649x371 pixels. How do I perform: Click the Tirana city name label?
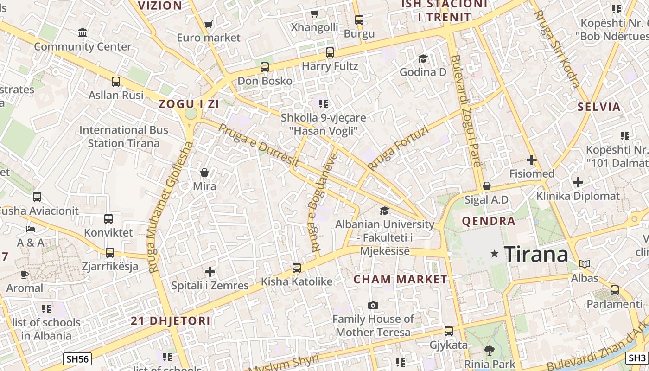pyautogui.click(x=536, y=254)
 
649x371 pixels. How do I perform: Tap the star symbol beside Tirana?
pyautogui.click(x=495, y=254)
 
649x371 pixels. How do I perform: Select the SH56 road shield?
pyautogui.click(x=77, y=358)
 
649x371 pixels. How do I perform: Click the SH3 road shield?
pyautogui.click(x=637, y=358)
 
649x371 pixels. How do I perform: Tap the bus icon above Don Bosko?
pyautogui.click(x=265, y=67)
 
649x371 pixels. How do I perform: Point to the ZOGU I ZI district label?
pyautogui.click(x=189, y=104)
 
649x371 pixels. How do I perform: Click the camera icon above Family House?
pyautogui.click(x=373, y=305)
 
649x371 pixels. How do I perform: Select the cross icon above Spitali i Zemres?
pyautogui.click(x=210, y=271)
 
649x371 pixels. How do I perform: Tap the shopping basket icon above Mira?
pyautogui.click(x=204, y=173)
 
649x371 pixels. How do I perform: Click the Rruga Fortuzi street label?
pyautogui.click(x=398, y=147)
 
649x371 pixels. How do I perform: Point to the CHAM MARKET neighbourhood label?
pyautogui.click(x=401, y=279)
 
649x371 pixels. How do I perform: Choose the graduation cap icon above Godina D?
pyautogui.click(x=423, y=58)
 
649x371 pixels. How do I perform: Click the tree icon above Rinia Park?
pyautogui.click(x=489, y=350)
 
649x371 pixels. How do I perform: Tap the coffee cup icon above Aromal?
pyautogui.click(x=25, y=275)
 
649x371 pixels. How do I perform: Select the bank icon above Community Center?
pyautogui.click(x=83, y=33)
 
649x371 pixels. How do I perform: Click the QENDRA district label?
pyautogui.click(x=489, y=221)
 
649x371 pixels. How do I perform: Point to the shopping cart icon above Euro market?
pyautogui.click(x=208, y=24)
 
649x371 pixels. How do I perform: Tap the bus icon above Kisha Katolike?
pyautogui.click(x=297, y=268)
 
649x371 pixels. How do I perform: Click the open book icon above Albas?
pyautogui.click(x=585, y=264)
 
